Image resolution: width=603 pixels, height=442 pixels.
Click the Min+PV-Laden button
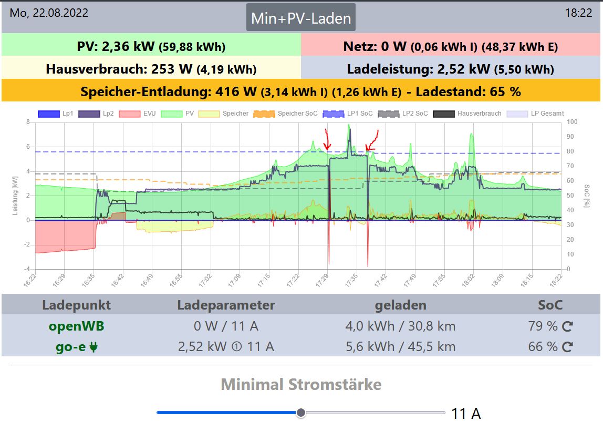click(301, 18)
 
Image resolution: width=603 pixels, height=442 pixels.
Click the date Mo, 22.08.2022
click(49, 13)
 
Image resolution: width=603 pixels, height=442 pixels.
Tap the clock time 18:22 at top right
click(578, 13)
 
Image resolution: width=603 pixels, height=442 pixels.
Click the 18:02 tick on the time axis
click(467, 277)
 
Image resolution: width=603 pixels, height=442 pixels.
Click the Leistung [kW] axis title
click(16, 196)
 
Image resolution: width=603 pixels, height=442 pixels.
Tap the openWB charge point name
click(76, 326)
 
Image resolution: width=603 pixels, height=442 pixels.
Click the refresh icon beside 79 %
click(567, 327)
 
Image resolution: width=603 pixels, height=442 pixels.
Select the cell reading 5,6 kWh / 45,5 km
click(400, 347)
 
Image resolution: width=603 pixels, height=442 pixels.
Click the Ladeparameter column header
click(226, 305)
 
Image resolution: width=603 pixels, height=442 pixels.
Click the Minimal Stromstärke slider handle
click(301, 413)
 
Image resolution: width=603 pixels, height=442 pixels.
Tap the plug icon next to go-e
click(94, 347)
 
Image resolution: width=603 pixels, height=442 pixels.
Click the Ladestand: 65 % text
click(468, 92)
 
